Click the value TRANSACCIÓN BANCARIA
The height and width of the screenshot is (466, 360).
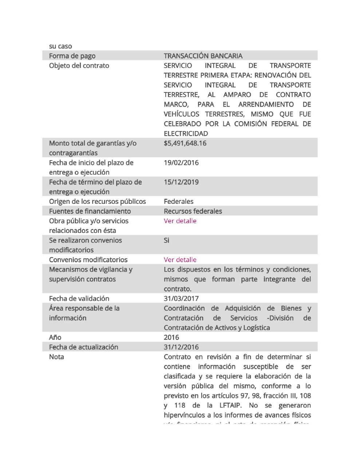click(203, 56)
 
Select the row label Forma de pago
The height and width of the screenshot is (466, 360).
click(72, 56)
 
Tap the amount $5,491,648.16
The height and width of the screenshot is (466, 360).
click(185, 143)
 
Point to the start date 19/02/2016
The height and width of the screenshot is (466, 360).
click(181, 162)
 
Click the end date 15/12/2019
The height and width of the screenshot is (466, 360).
click(181, 182)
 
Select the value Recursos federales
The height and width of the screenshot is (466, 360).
click(193, 211)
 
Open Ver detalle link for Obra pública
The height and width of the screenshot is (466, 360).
click(180, 221)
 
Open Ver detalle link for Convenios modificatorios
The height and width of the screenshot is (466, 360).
click(180, 260)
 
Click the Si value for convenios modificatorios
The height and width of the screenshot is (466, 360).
click(166, 240)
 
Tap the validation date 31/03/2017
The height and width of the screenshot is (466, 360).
click(181, 299)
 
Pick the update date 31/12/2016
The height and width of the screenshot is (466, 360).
click(181, 347)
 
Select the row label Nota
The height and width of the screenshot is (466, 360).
click(56, 357)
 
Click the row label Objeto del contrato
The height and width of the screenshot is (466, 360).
click(79, 66)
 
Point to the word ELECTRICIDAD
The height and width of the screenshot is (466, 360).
click(186, 134)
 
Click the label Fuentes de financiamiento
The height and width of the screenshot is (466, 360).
click(90, 211)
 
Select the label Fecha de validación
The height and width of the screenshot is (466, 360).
click(79, 299)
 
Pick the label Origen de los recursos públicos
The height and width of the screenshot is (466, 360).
click(97, 201)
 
